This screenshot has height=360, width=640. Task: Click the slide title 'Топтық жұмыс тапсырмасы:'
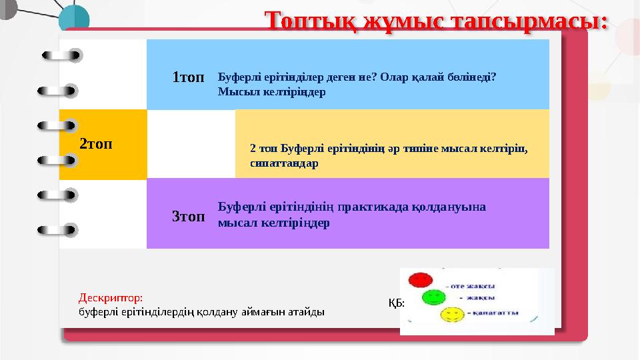pos(437,20)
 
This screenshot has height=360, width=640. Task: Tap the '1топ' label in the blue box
pos(188,77)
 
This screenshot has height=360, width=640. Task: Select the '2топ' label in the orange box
pos(96,143)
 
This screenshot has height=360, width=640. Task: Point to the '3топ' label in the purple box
pos(188,216)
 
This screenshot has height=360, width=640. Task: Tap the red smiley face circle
pos(420,280)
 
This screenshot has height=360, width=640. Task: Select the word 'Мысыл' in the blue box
pos(233,92)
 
